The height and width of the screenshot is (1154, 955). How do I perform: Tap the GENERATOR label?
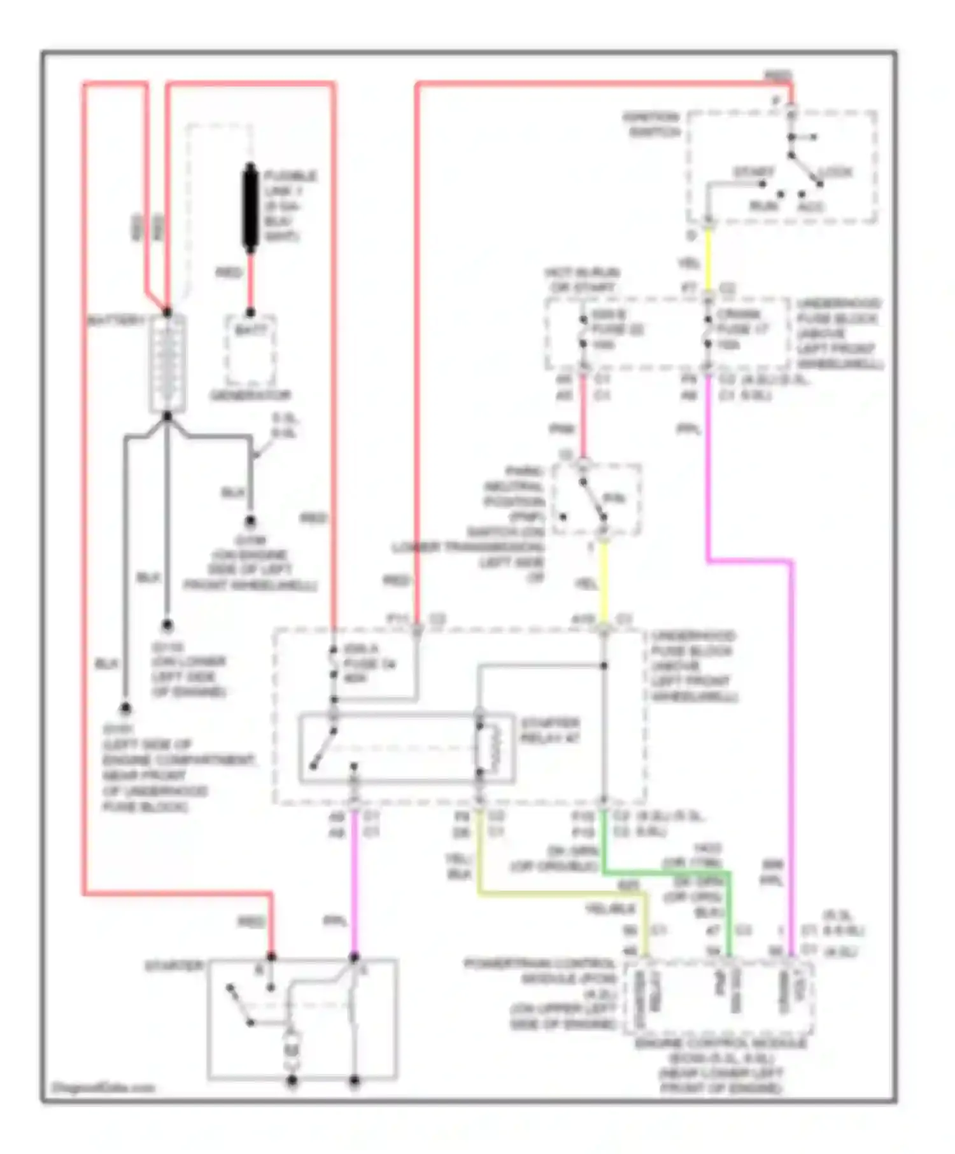pos(250,396)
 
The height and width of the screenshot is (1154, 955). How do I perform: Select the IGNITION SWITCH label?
pos(651,125)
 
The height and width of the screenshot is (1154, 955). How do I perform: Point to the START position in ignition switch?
pos(753,172)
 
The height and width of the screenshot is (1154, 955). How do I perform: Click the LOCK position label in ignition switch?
pos(835,172)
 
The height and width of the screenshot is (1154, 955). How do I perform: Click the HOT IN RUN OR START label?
pos(582,280)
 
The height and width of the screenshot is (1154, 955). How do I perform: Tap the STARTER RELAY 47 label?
pos(549,731)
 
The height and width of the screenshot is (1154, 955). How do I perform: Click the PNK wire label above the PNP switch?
pos(562,430)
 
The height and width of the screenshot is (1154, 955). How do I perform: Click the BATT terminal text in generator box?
pos(251,330)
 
